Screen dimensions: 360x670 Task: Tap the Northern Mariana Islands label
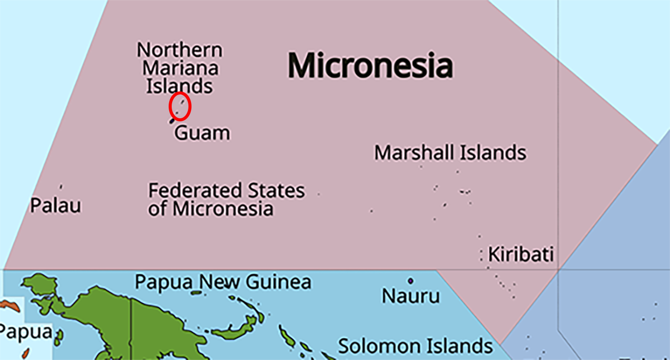(x=180, y=68)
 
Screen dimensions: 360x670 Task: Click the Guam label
(x=202, y=133)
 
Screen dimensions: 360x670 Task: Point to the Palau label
(x=55, y=206)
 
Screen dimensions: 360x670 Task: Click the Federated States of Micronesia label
(x=226, y=200)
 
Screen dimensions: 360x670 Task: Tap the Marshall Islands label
(x=450, y=152)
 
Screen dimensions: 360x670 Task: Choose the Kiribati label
(x=521, y=254)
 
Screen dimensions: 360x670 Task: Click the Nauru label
(x=410, y=296)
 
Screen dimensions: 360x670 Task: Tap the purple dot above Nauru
(x=410, y=281)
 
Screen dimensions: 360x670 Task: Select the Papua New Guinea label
(x=222, y=282)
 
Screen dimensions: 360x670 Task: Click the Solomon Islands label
(x=415, y=346)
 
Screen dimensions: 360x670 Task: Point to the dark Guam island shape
(x=173, y=121)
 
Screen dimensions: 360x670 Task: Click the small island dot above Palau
(x=61, y=187)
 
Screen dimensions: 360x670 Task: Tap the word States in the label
(x=276, y=191)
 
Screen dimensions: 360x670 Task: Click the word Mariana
(x=180, y=68)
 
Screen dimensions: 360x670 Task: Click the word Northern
(x=180, y=50)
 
